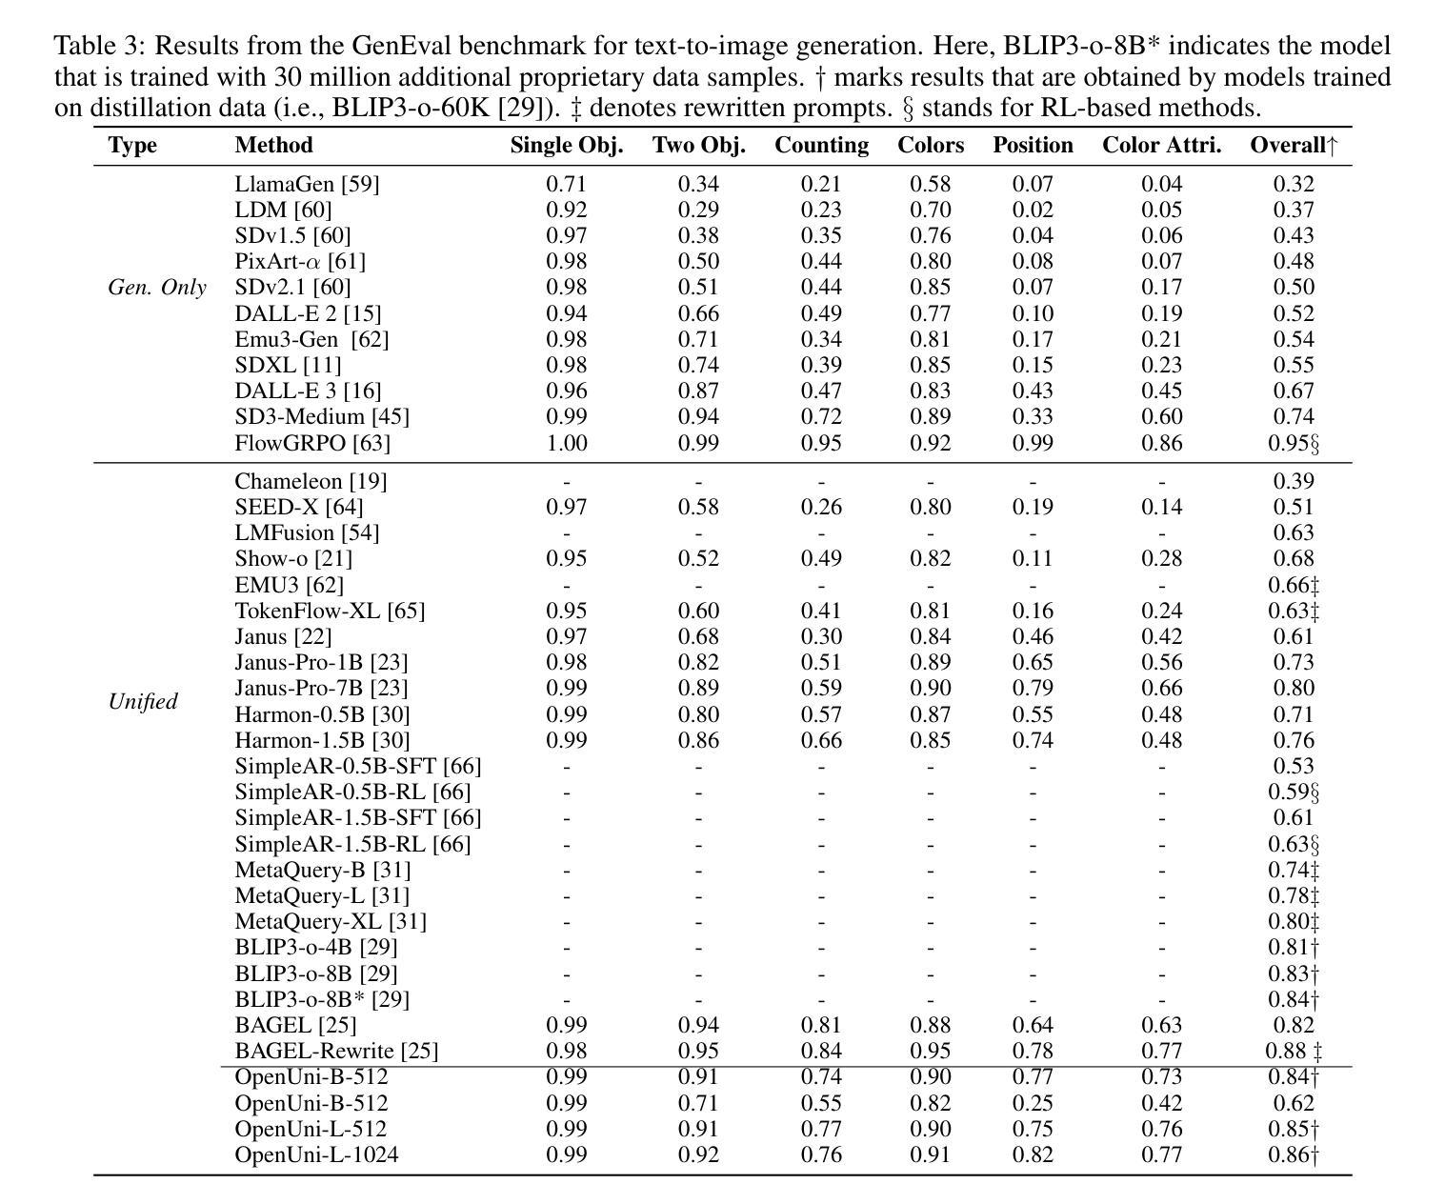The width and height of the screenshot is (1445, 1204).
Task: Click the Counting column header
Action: (821, 146)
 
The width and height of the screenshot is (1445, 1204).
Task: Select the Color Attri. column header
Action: (1161, 146)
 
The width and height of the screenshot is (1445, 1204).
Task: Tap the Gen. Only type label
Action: (157, 287)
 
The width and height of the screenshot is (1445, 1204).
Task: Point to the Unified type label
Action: (143, 701)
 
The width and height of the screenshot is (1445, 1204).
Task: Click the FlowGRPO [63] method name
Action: (312, 443)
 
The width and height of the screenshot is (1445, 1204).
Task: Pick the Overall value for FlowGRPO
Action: (1294, 443)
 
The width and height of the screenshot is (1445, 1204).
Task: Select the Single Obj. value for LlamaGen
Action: (566, 184)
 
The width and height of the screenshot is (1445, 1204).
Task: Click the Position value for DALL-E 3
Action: (1033, 391)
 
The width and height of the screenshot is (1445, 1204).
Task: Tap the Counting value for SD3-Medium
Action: (821, 416)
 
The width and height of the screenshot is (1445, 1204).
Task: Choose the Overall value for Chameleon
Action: (1294, 482)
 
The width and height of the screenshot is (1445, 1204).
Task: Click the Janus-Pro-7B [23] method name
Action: (321, 688)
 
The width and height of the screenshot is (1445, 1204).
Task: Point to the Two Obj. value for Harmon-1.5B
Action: (698, 740)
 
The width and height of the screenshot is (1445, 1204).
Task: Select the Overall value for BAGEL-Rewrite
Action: (1294, 1051)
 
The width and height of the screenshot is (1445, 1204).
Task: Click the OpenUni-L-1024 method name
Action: (316, 1154)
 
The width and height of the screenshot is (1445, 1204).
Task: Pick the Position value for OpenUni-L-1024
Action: (1033, 1154)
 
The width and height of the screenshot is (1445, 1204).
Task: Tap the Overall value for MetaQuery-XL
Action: (1294, 922)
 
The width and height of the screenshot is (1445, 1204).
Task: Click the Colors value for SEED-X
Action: (930, 507)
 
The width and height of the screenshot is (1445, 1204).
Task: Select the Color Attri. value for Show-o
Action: (1161, 558)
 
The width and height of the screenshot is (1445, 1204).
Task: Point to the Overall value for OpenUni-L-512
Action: (1294, 1130)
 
